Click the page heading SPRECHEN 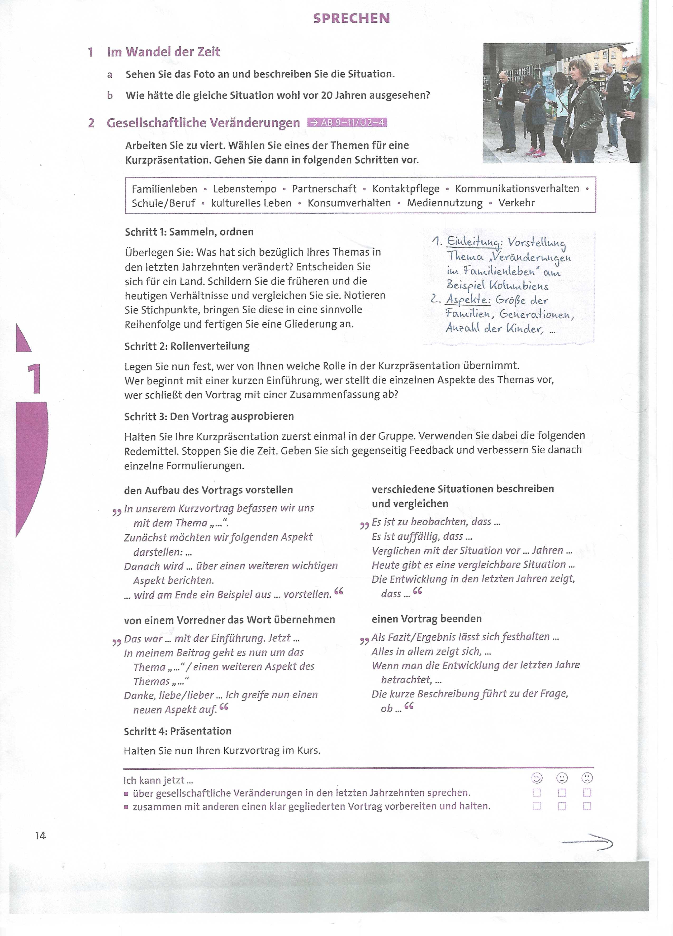(351, 18)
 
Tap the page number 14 (40, 836)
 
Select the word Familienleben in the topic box (164, 189)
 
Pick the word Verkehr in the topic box (516, 203)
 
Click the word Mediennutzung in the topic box (445, 203)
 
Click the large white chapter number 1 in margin (34, 378)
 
